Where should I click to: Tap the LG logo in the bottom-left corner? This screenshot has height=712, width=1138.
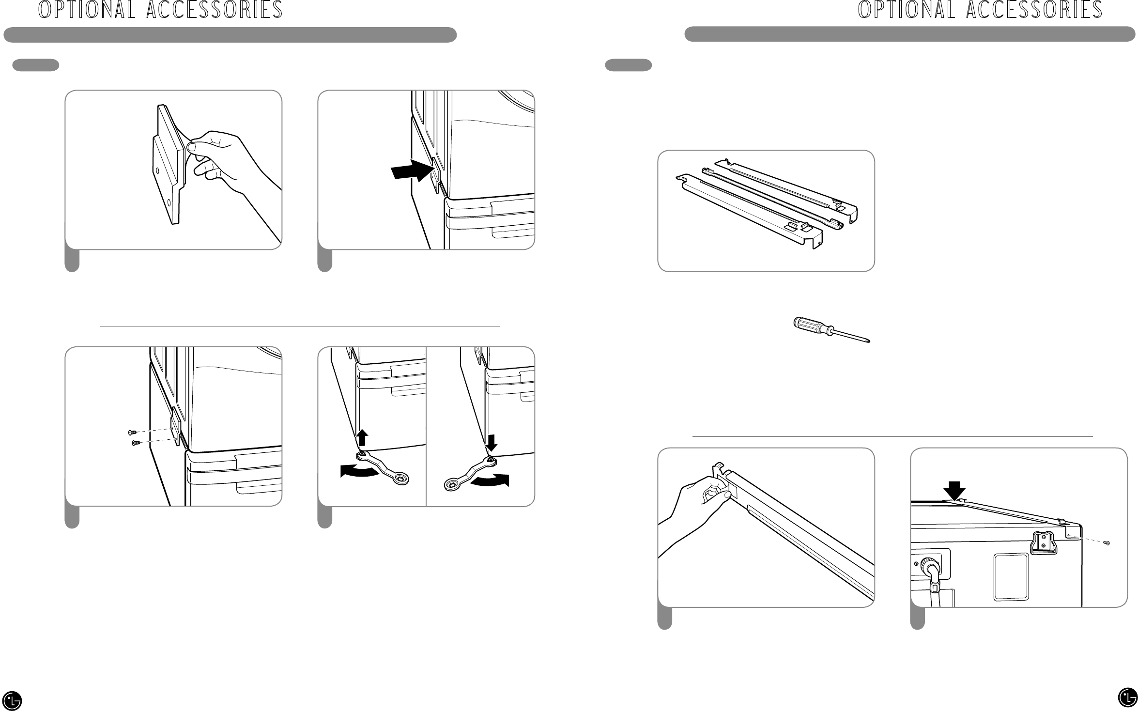[12, 699]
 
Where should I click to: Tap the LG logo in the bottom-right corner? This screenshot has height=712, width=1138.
[1127, 698]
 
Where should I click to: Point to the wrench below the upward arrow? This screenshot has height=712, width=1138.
[384, 468]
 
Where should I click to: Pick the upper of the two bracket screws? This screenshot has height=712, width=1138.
[131, 432]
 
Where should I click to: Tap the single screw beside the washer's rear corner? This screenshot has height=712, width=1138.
[1106, 543]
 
